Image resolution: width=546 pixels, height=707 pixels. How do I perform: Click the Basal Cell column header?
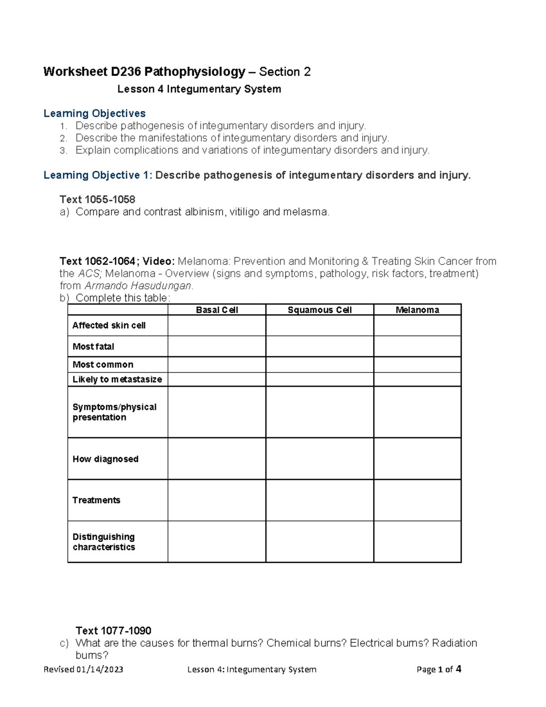point(217,310)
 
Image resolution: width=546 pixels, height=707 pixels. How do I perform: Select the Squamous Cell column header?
point(319,310)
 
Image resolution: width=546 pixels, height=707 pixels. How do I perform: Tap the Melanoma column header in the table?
point(417,310)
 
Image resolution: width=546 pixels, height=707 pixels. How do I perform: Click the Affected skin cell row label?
point(109,326)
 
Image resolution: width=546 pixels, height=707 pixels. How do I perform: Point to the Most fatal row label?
point(93,346)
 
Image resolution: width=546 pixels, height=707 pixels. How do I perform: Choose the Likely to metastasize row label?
point(117,379)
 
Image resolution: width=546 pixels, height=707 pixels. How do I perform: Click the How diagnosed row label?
point(105,459)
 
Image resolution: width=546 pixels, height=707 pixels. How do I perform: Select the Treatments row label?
point(96,500)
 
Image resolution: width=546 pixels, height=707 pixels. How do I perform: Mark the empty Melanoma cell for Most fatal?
point(417,346)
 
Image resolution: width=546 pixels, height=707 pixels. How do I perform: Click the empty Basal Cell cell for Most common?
point(217,365)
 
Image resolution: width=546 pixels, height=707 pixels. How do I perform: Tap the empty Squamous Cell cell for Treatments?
point(319,500)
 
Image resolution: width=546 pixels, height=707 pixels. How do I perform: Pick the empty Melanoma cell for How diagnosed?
point(417,459)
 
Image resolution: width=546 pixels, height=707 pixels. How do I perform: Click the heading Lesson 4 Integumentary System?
point(199,89)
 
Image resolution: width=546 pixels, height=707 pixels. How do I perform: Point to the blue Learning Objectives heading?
point(94,113)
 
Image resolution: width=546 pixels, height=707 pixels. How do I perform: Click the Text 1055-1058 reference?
point(97,199)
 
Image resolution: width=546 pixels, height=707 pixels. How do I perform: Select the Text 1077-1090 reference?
point(113,631)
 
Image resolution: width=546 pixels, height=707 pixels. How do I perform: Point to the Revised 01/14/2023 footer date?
point(83,669)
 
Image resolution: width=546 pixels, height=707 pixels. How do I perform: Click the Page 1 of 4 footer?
point(439,669)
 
